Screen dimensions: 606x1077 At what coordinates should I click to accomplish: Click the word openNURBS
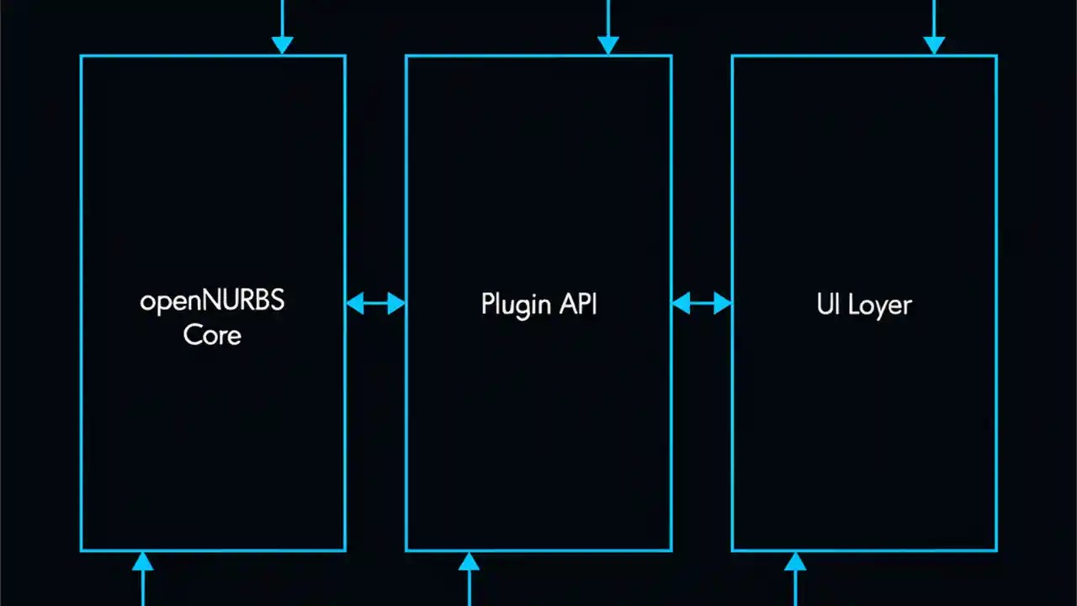click(212, 301)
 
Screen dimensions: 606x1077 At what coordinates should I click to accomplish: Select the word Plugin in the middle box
click(515, 304)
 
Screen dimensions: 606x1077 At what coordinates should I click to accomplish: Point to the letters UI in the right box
click(828, 304)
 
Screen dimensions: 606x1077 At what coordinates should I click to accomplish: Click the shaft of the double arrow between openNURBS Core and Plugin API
click(375, 303)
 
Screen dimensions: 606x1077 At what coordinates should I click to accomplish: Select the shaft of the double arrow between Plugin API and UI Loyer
click(701, 303)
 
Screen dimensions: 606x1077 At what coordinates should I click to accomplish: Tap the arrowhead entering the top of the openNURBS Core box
click(282, 45)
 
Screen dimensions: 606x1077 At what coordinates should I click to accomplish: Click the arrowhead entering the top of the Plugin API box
click(607, 45)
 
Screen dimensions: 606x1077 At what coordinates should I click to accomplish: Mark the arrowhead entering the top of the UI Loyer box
click(933, 45)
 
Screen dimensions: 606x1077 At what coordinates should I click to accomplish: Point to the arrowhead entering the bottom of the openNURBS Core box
click(143, 561)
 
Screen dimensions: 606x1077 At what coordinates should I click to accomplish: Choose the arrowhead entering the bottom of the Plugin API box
click(469, 561)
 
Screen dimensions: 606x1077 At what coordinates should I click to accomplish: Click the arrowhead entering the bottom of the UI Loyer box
click(794, 561)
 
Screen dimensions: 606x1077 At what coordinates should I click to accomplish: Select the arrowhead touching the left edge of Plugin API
click(396, 303)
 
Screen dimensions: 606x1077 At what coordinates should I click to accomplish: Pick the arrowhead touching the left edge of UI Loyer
click(722, 303)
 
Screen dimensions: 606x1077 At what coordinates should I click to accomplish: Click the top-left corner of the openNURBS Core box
click(81, 56)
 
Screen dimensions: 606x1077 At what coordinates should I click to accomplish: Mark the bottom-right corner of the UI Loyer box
click(996, 550)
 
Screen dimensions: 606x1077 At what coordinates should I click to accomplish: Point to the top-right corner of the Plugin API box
click(671, 56)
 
